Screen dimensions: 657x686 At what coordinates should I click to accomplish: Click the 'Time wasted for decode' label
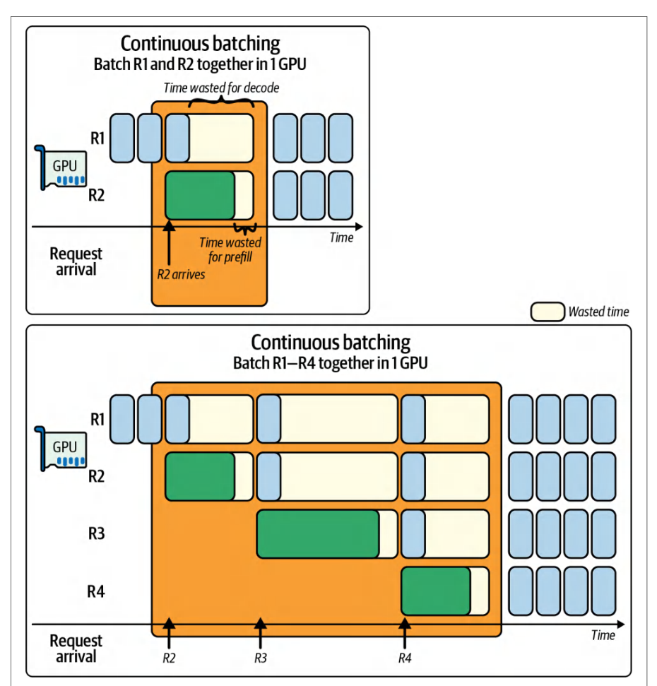(221, 88)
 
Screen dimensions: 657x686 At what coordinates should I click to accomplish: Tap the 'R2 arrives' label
(181, 274)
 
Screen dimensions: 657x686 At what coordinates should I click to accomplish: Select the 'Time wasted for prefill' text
(230, 249)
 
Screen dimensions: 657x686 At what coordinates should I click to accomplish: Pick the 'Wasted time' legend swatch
(547, 312)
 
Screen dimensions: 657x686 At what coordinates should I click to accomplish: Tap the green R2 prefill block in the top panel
(201, 195)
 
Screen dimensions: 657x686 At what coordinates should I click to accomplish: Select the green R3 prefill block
(318, 533)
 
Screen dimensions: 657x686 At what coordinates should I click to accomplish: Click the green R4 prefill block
(436, 591)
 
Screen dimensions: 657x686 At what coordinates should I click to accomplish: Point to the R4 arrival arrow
(405, 633)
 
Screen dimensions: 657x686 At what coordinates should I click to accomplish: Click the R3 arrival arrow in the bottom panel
(260, 633)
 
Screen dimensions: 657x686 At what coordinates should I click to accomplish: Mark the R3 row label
(97, 533)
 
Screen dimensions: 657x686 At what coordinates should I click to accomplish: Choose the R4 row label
(96, 591)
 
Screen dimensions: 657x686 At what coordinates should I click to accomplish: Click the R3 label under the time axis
(261, 658)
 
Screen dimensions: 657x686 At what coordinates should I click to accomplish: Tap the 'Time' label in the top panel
(342, 237)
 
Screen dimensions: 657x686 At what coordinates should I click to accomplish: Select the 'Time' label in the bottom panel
(603, 635)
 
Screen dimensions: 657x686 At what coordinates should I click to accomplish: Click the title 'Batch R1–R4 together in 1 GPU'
(330, 363)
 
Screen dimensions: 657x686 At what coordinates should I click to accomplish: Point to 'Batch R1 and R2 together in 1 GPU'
(200, 64)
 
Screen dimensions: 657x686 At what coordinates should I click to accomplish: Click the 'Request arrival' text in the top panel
(76, 261)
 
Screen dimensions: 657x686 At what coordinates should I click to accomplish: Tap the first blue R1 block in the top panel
(122, 138)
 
